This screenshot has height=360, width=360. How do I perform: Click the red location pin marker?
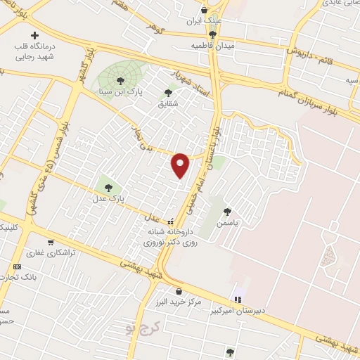coord(181,165)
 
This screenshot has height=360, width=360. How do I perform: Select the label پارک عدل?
coord(108,199)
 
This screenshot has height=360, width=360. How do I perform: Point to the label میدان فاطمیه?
coord(212,45)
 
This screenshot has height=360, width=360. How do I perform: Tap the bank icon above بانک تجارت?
coord(18,266)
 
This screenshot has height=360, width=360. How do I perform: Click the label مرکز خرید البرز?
coord(181,302)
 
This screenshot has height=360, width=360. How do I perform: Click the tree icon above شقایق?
coord(167,92)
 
